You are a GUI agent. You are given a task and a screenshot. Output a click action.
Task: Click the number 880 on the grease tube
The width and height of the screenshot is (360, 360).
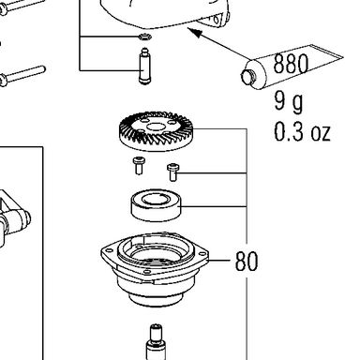tap(291, 64)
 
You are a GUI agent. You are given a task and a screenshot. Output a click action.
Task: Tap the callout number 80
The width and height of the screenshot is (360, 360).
tap(247, 261)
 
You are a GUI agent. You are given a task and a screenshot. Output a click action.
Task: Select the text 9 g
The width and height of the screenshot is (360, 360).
tap(289, 101)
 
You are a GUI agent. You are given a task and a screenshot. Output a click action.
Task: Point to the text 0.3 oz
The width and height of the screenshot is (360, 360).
tap(302, 131)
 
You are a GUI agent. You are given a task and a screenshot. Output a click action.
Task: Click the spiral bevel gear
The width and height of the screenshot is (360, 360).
tap(157, 131)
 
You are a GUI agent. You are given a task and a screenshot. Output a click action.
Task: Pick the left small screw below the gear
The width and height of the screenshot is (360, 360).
tap(139, 166)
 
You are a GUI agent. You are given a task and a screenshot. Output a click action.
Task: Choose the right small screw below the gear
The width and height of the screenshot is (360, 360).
tap(172, 172)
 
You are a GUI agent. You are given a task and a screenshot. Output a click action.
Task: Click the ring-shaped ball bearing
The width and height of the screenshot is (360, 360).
tap(156, 205)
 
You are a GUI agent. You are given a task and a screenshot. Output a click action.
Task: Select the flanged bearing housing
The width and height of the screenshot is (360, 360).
tap(155, 269)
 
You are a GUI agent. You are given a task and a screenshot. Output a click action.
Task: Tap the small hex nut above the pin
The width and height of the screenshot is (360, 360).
tap(144, 37)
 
